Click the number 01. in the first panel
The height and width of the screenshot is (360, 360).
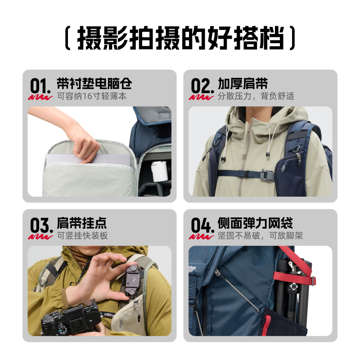[x=40, y=85]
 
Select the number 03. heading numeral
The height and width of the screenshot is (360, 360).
[x=41, y=225]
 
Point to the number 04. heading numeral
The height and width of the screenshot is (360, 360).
[x=202, y=225]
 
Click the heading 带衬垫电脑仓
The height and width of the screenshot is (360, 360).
[x=94, y=83]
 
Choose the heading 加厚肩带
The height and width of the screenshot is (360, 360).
[x=243, y=83]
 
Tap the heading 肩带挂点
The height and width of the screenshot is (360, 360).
[x=82, y=223]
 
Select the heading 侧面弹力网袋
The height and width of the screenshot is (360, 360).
[x=255, y=223]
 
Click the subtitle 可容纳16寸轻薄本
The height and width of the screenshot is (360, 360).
[x=92, y=96]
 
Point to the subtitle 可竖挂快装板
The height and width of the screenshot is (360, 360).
[x=82, y=235]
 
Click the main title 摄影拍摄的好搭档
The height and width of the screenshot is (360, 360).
[x=180, y=38]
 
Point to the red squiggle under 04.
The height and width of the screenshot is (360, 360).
[x=201, y=237]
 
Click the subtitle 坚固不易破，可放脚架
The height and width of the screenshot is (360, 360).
[x=261, y=235]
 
